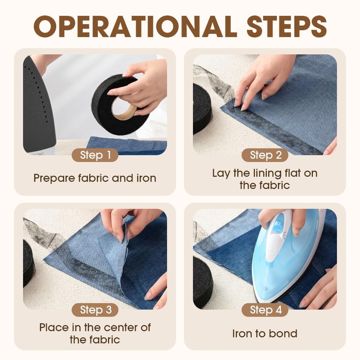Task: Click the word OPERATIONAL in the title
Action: point(135,26)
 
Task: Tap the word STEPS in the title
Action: point(287,26)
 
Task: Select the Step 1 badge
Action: point(95,155)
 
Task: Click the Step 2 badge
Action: point(265,155)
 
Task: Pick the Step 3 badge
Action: point(95,310)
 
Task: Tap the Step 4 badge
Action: point(265,310)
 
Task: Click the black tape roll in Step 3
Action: point(28,264)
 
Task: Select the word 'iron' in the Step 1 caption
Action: point(146,178)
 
